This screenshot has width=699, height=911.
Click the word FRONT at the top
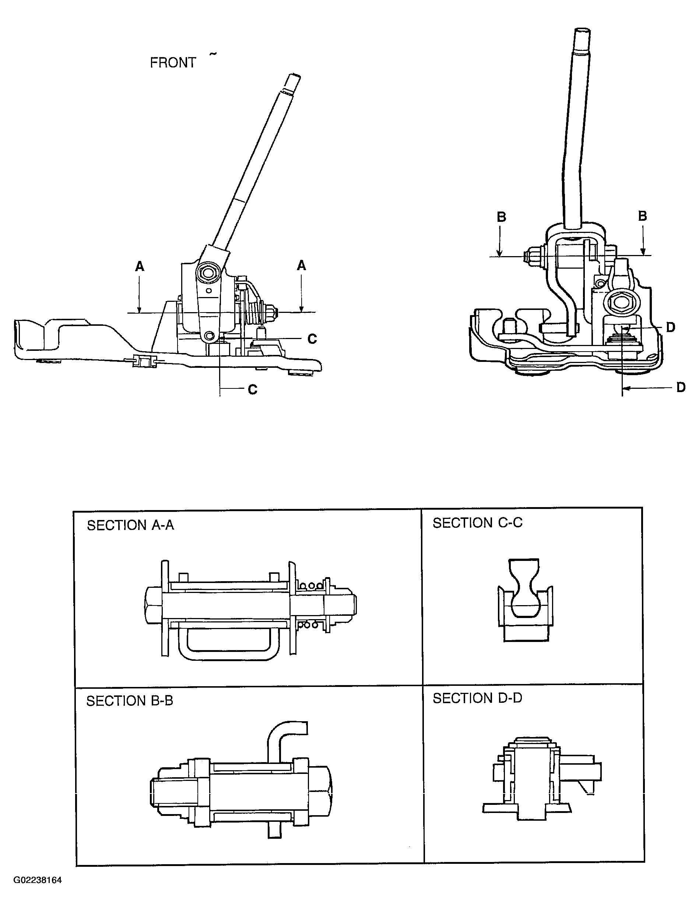pyautogui.click(x=173, y=63)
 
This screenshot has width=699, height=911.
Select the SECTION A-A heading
pyautogui.click(x=130, y=526)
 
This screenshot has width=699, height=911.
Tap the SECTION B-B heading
pyautogui.click(x=129, y=701)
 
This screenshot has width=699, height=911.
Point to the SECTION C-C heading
pyautogui.click(x=477, y=523)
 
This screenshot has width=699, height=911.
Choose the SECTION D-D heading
pyautogui.click(x=477, y=698)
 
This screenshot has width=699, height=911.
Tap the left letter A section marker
pyautogui.click(x=140, y=266)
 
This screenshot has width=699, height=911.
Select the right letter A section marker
pyautogui.click(x=301, y=265)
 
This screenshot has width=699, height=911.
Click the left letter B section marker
pyautogui.click(x=501, y=217)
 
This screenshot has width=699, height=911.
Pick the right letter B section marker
pyautogui.click(x=642, y=216)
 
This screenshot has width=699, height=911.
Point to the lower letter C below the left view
pyautogui.click(x=253, y=390)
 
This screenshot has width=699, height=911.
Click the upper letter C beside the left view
pyautogui.click(x=312, y=339)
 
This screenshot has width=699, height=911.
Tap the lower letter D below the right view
pyautogui.click(x=681, y=388)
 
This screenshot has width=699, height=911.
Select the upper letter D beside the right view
pyautogui.click(x=670, y=328)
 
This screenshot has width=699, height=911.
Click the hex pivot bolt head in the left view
pyautogui.click(x=208, y=273)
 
